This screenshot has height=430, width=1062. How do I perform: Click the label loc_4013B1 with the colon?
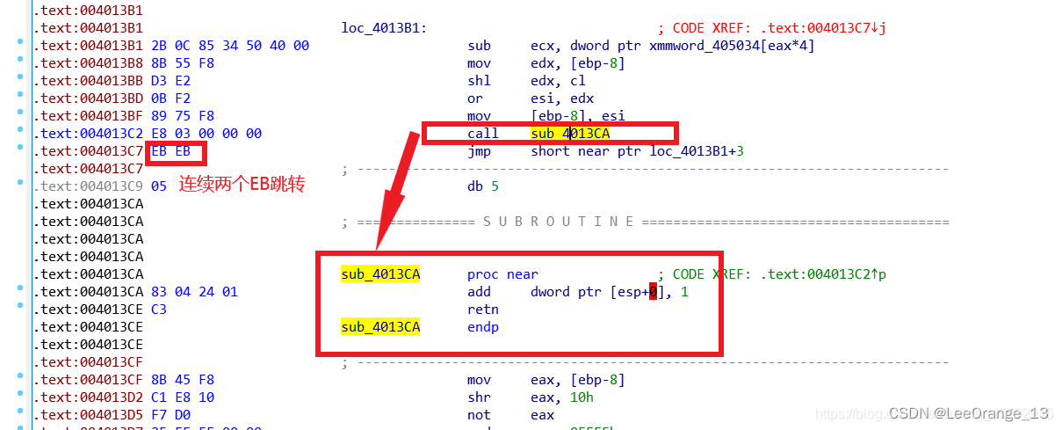coord(384,28)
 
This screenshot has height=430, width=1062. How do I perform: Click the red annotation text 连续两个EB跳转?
coord(242,185)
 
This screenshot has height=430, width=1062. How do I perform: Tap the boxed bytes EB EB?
coord(170,151)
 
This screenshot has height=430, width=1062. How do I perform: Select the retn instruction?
coord(482,310)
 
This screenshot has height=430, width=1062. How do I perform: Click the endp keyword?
coord(482,327)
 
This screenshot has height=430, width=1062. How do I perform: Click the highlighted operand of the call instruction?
coord(569,134)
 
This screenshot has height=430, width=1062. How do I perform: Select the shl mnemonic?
coord(478,81)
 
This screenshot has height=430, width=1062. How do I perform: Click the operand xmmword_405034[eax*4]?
coord(731,46)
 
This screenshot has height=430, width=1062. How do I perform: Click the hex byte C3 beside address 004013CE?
coord(159,310)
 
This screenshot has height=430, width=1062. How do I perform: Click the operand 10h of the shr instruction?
coord(582,397)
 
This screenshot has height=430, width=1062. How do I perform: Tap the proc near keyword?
coord(502,274)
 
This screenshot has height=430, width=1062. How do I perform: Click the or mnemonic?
coord(474,98)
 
